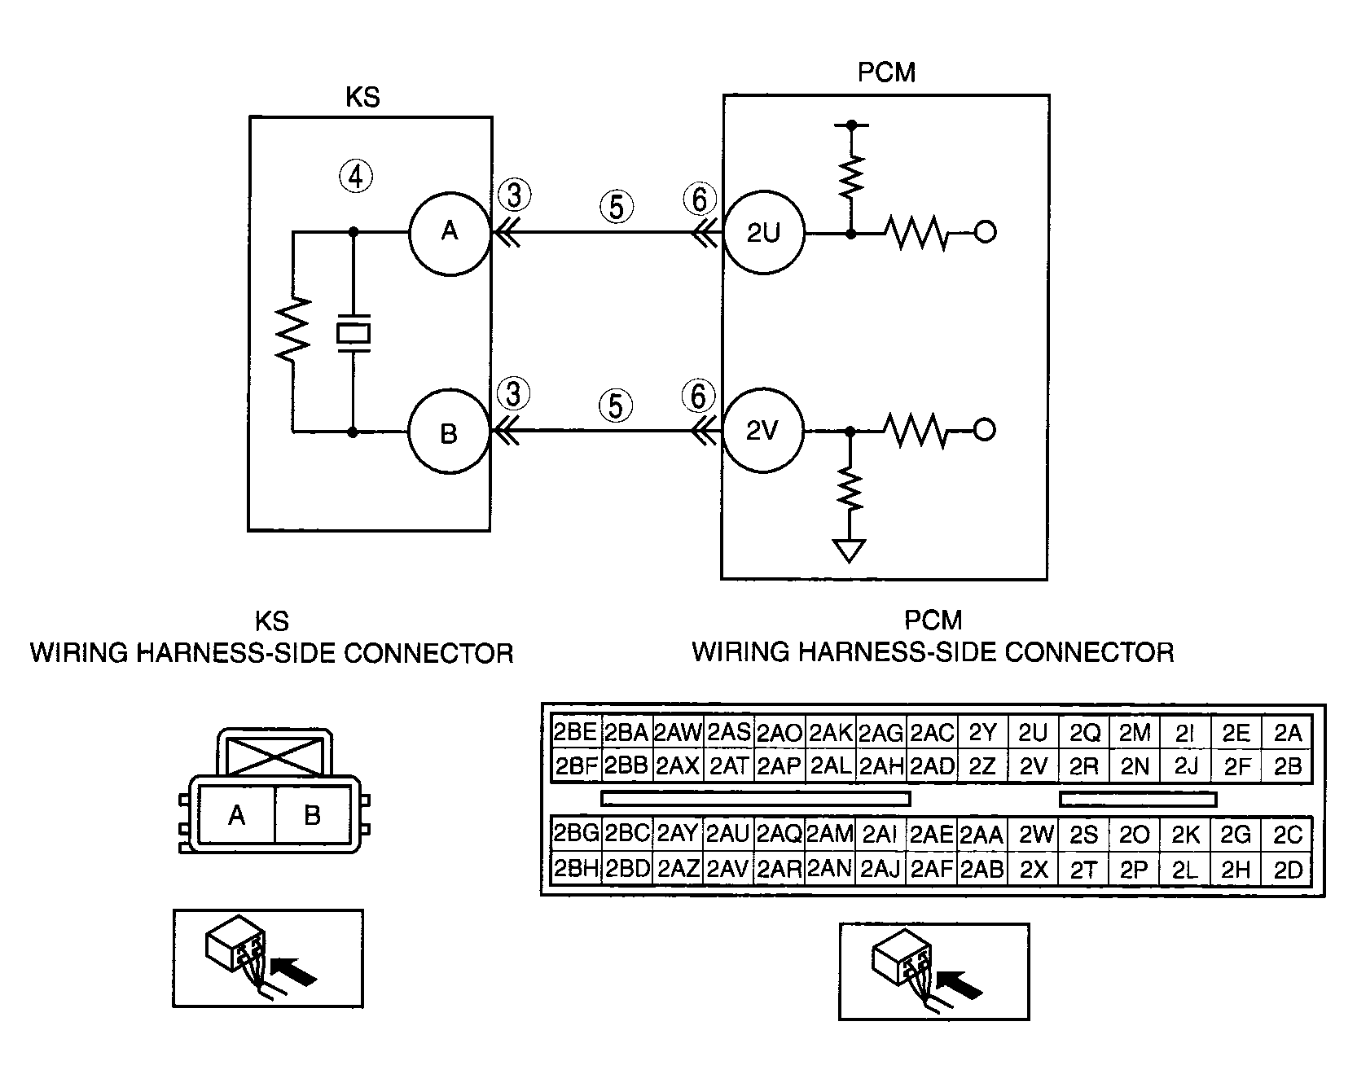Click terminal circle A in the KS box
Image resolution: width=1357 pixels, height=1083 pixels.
point(449,233)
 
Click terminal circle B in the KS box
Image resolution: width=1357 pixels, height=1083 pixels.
point(449,433)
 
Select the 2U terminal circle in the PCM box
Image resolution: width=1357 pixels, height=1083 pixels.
point(763,233)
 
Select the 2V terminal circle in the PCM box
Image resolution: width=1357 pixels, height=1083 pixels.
point(763,431)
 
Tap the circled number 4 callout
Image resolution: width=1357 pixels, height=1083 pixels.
point(356,176)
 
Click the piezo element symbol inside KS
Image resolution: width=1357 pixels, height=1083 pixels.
point(354,333)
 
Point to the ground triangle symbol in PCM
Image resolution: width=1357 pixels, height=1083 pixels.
point(850,552)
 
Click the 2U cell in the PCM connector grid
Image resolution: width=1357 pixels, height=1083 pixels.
point(1033,733)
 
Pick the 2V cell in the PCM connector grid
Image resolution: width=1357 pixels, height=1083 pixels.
point(1033,766)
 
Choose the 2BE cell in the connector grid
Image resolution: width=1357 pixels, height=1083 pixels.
point(575,732)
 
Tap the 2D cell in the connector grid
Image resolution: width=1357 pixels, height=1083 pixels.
point(1288,870)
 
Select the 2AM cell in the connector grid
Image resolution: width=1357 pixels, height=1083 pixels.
point(830,834)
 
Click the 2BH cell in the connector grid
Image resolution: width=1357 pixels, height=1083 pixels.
point(576,869)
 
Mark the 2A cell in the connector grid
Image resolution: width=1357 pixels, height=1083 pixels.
point(1288,733)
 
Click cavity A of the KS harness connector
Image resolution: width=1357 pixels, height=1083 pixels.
point(237,815)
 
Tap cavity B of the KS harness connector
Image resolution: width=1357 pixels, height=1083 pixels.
point(312,815)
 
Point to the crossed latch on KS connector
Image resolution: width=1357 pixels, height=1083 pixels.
point(273,755)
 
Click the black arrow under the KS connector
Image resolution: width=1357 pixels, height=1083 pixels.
point(293,971)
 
